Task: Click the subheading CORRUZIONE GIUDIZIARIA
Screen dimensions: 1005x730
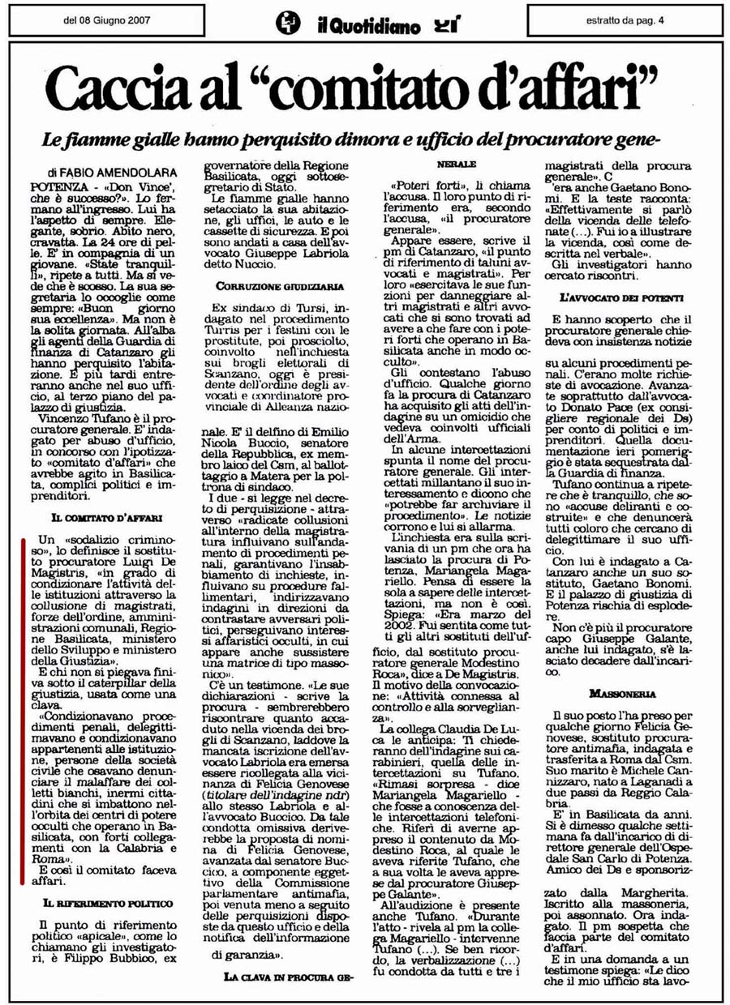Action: point(268,287)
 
